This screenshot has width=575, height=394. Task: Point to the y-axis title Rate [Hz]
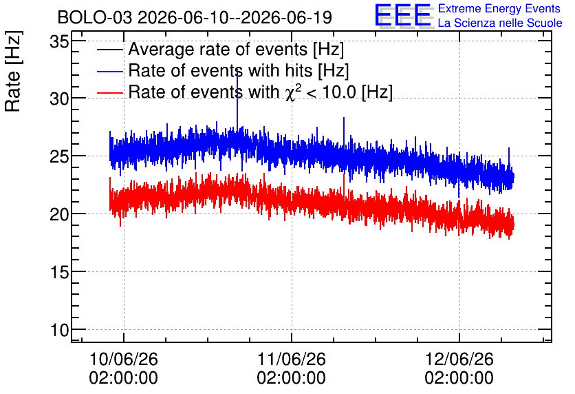(14, 71)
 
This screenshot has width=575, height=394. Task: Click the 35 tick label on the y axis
(59, 42)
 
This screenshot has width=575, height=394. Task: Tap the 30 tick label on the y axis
(59, 98)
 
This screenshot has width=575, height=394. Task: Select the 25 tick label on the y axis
(59, 156)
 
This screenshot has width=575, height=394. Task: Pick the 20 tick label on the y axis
(59, 214)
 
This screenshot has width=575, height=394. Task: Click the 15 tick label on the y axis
(59, 272)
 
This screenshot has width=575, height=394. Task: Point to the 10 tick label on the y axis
(59, 330)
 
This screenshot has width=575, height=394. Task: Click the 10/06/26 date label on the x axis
(124, 359)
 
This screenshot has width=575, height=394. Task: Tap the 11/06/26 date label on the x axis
(292, 359)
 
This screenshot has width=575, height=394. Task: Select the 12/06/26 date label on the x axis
(459, 359)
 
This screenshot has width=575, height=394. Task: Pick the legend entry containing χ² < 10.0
(261, 92)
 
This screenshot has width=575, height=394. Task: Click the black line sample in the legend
(110, 50)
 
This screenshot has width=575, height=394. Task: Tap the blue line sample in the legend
(110, 71)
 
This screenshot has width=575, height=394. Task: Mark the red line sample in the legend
(110, 92)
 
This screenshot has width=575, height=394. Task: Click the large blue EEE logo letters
(403, 15)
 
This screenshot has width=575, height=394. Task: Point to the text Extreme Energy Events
(499, 8)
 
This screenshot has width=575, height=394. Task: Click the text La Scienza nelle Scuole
(500, 23)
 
